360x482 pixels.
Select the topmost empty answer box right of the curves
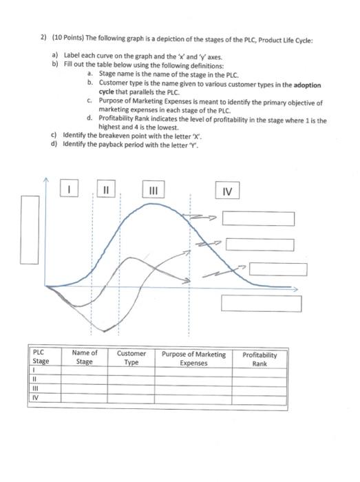coord(258,219)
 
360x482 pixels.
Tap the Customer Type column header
coord(131,358)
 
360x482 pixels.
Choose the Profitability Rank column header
coord(260,359)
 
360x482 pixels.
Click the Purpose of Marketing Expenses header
coord(193,358)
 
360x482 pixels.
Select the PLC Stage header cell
coord(41,358)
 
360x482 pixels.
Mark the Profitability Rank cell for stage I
coord(260,370)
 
